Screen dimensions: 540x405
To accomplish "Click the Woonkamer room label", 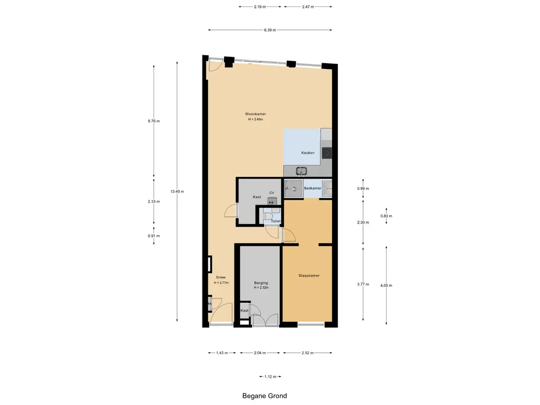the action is coord(255,114).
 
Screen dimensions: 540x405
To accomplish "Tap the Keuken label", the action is coord(307,152).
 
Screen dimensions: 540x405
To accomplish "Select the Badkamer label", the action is coord(312,188).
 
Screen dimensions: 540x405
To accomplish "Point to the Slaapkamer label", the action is coord(309,275).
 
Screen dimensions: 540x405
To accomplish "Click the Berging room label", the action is coord(261,283).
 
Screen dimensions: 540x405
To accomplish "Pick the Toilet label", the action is coord(275,221).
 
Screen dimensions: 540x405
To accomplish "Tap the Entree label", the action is coord(221,277).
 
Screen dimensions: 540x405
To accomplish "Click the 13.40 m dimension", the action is coord(177,191).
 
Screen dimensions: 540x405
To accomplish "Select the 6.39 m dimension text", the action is coord(270,30).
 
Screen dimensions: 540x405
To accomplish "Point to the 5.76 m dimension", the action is coord(153,121).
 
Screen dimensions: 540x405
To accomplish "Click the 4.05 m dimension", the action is coord(386,285).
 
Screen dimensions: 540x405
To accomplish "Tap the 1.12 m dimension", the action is coord(271,377).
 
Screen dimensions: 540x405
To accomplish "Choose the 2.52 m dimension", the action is coord(307,353).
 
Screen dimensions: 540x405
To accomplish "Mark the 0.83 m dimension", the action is coord(386,216).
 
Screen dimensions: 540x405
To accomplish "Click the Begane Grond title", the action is coord(265,396).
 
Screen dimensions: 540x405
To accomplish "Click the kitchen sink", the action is coord(302,170).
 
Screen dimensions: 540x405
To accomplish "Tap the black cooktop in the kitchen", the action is coord(327,153).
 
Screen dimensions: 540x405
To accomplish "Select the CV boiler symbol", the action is coord(272,201).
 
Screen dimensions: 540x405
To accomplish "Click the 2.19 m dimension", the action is coord(260,6).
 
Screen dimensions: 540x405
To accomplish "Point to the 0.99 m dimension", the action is coord(363,188).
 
